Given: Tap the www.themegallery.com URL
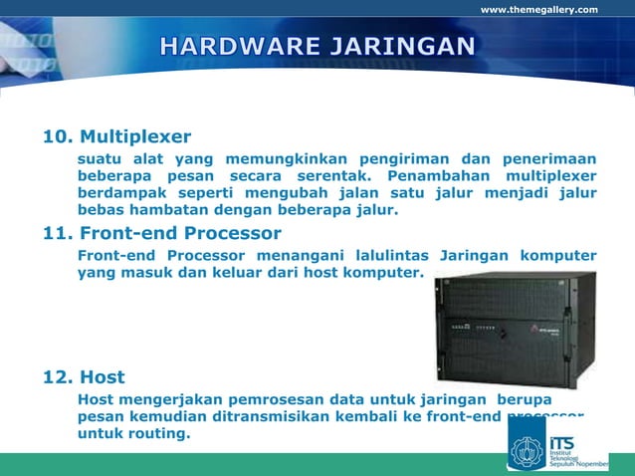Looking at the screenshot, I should coord(539,10).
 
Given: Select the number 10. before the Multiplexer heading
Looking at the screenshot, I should coord(56,136).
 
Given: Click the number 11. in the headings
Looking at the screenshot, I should coord(56,234).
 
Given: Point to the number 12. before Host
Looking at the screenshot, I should coord(56,377).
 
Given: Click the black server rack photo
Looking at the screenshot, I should coord(515,329).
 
